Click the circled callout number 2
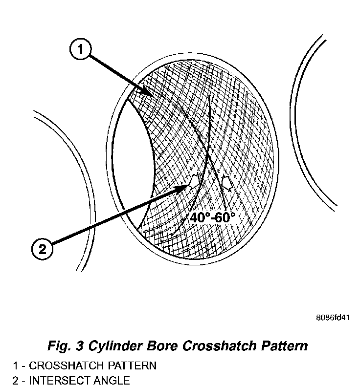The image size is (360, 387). (x=43, y=249)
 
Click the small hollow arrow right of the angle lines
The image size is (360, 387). (x=226, y=183)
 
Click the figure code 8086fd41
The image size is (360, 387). (x=333, y=318)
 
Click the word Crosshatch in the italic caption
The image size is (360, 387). (x=216, y=346)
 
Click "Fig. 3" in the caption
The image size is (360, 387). (x=64, y=346)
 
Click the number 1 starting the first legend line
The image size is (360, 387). (x=16, y=365)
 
